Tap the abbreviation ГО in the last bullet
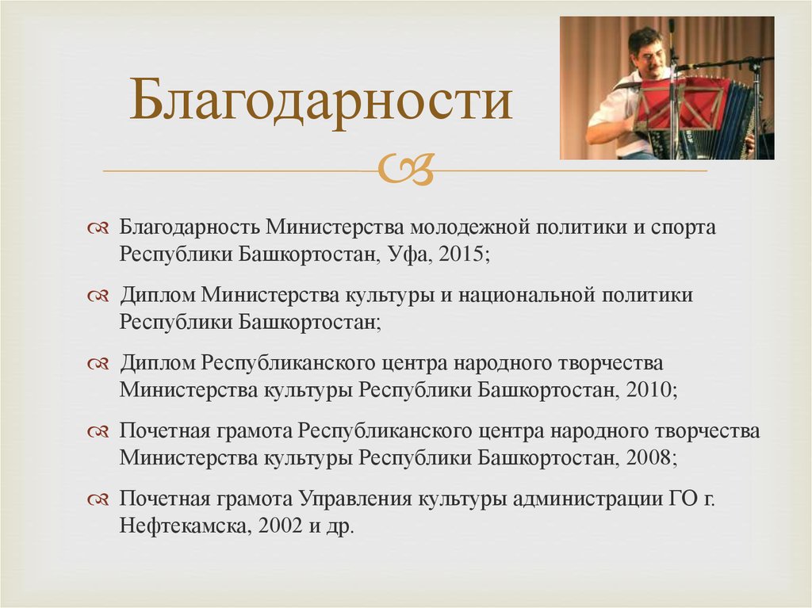[x=688, y=499]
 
